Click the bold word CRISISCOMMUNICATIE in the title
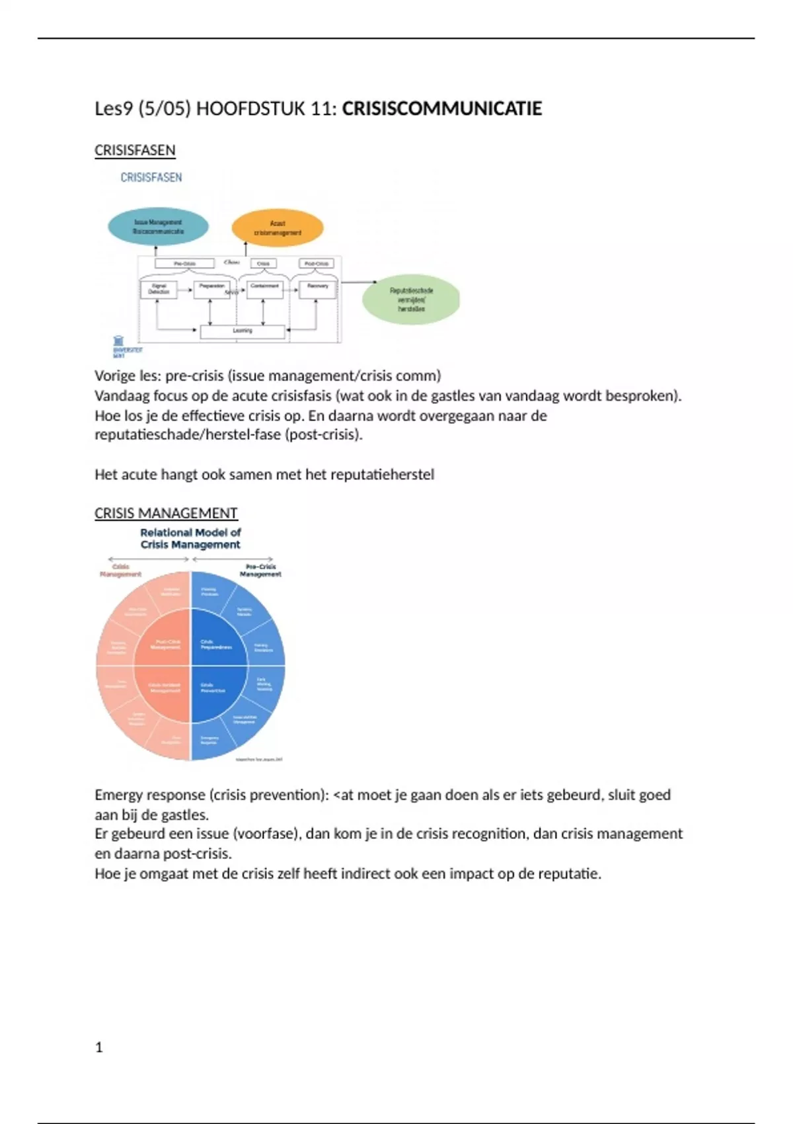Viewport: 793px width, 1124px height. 441,108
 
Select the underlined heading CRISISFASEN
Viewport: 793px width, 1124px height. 135,150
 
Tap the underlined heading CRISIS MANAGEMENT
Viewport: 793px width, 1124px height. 166,513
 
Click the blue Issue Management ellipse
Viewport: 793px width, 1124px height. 158,227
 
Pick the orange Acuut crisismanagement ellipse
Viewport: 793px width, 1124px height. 278,228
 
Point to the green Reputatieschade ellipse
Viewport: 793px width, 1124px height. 411,300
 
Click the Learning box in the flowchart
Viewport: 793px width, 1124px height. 243,331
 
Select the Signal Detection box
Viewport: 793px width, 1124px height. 159,289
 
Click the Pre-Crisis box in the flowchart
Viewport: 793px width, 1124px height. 184,263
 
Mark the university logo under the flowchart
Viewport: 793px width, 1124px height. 120,346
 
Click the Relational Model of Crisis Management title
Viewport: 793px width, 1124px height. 190,538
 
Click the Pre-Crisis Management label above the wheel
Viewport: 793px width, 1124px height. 260,570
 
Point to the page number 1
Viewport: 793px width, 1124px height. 99,1047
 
